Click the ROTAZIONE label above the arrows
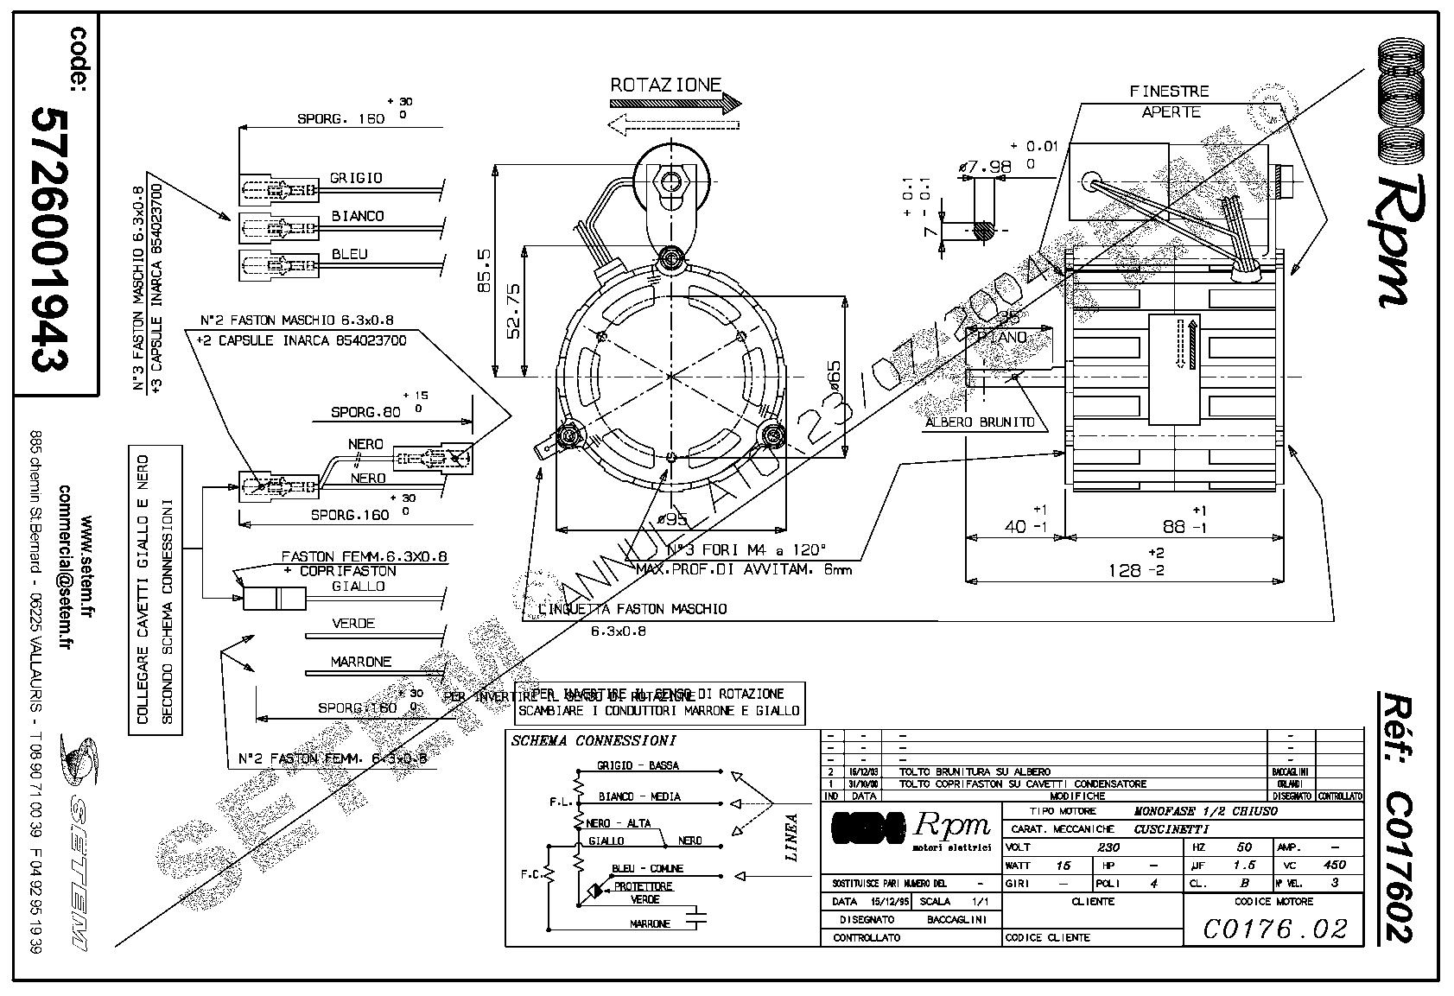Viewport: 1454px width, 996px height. click(665, 85)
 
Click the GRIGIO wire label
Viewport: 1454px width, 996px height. click(355, 178)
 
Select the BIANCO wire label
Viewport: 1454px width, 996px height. click(357, 216)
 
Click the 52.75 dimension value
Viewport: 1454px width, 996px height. click(513, 310)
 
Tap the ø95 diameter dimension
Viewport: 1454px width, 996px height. click(671, 520)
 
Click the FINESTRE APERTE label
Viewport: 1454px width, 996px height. click(1170, 101)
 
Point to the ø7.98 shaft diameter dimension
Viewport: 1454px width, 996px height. click(985, 166)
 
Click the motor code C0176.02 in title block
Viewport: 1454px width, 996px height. click(1274, 929)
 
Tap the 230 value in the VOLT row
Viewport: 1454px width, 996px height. click(1108, 847)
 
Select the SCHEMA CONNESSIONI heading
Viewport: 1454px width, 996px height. click(593, 741)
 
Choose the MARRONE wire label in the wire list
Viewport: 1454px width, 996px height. click(360, 662)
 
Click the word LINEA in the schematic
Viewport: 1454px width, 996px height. click(791, 837)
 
